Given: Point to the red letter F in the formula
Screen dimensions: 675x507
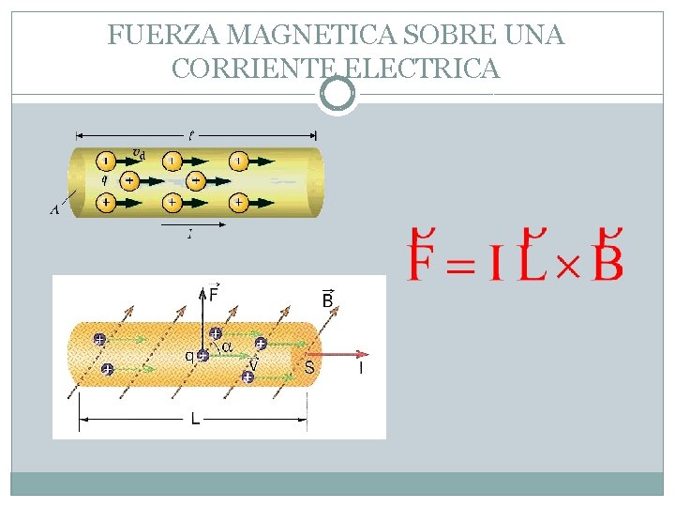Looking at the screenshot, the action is point(423,259).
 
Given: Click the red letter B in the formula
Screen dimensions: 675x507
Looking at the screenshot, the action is point(607,259).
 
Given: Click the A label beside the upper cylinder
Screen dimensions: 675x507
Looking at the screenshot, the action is point(54,210).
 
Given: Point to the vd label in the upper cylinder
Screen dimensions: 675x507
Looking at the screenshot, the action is point(139,152).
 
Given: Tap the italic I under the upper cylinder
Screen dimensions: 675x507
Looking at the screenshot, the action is point(190,235).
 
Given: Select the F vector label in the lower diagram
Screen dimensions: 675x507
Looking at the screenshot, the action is point(215,293).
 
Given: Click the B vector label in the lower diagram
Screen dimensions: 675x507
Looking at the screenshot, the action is point(328,300).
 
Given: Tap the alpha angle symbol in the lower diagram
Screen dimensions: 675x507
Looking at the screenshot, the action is point(226,347).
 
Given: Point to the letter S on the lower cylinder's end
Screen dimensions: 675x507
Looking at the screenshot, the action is point(308,367).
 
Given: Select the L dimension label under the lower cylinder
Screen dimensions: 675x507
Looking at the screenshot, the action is point(195,420).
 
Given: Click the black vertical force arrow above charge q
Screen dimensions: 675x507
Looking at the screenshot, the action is point(202,315).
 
